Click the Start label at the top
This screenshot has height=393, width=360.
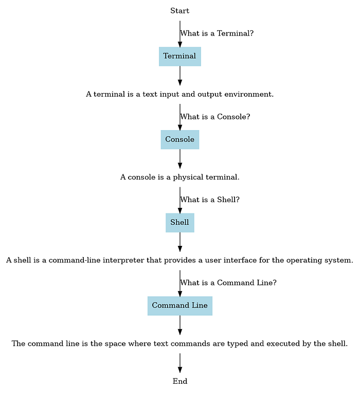click(179, 11)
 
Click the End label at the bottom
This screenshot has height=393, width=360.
click(179, 381)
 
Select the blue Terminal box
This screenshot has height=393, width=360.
click(179, 56)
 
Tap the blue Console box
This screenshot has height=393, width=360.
click(179, 139)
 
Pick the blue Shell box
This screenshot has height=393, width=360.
click(179, 223)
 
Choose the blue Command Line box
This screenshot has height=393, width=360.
click(179, 306)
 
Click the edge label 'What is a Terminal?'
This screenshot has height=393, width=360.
click(217, 33)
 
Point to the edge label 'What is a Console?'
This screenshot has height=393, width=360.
click(215, 117)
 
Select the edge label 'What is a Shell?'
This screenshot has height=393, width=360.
click(210, 200)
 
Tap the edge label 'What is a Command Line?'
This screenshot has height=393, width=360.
click(228, 283)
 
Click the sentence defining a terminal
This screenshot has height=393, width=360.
click(179, 95)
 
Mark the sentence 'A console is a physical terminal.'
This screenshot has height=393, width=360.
click(179, 177)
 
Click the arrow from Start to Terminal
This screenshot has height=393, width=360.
click(179, 33)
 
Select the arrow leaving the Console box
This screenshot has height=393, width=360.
click(179, 158)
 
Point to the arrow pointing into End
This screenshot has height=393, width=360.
click(179, 362)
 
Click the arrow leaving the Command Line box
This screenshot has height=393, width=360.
click(179, 325)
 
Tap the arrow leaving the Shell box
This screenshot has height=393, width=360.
click(179, 241)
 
